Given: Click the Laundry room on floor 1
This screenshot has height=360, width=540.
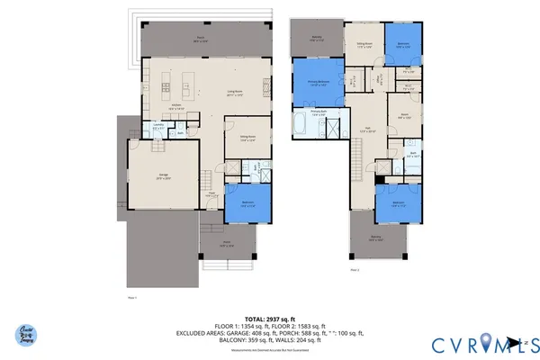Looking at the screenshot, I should coord(157,128).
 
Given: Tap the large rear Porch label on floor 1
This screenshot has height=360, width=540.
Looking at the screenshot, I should coord(200,40).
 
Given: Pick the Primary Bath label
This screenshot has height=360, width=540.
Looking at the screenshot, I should coord(319,114).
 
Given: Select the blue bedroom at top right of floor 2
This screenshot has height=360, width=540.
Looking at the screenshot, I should coord(403,41).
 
